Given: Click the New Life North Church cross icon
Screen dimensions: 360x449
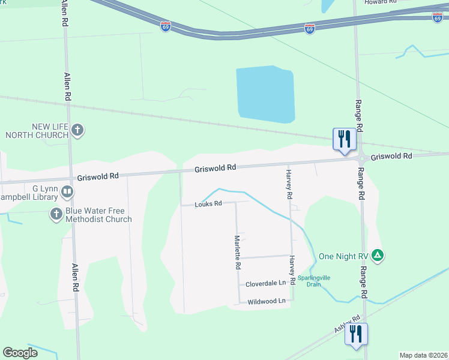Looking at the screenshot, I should pyautogui.click(x=77, y=130).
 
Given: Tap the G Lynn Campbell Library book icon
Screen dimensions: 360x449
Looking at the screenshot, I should pyautogui.click(x=67, y=192).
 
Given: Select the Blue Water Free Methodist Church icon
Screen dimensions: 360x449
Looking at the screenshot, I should pyautogui.click(x=56, y=214).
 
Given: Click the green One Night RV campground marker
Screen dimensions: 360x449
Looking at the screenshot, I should pyautogui.click(x=378, y=256).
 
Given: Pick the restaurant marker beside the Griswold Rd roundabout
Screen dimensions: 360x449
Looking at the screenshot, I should pyautogui.click(x=345, y=140).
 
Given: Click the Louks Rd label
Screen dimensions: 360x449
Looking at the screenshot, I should pyautogui.click(x=208, y=204).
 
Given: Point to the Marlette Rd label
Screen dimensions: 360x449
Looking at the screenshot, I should pyautogui.click(x=238, y=252).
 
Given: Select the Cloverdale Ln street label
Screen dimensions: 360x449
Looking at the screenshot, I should pyautogui.click(x=266, y=283).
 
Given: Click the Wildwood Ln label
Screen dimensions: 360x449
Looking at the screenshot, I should pyautogui.click(x=266, y=302).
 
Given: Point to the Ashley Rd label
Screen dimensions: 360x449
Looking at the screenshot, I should pyautogui.click(x=347, y=325).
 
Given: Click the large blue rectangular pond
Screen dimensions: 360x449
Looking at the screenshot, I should pyautogui.click(x=265, y=95).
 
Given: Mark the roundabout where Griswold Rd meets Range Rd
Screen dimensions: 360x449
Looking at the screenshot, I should pyautogui.click(x=363, y=158).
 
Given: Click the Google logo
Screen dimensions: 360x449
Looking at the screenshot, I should pyautogui.click(x=20, y=353).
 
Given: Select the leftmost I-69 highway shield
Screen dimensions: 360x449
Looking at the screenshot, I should pyautogui.click(x=166, y=26).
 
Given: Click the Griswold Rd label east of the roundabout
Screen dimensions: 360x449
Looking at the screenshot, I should pyautogui.click(x=391, y=156).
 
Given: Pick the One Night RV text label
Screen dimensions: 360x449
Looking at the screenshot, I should pyautogui.click(x=343, y=256).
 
